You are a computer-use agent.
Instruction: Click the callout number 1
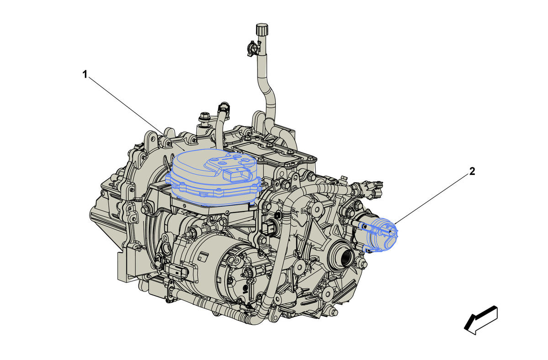[x=85, y=74]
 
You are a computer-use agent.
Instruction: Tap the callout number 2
[x=472, y=171]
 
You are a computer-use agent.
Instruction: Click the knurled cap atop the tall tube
[x=262, y=29]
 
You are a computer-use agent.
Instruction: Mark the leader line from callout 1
[x=137, y=113]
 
